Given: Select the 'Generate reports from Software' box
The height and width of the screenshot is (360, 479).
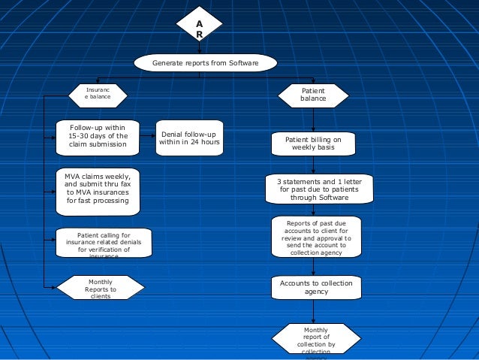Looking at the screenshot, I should (205, 63).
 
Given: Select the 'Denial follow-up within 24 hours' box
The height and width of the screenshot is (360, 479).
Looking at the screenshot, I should (188, 138).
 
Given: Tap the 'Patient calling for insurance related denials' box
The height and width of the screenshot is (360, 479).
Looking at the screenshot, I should (104, 244).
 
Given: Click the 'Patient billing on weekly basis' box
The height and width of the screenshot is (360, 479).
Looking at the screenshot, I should (313, 144).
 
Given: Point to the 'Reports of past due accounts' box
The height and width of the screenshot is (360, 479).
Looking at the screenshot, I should (317, 237).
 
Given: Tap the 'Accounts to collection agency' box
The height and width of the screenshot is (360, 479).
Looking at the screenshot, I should (315, 286).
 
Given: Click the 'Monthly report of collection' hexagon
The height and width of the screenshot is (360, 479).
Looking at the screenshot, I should (315, 340).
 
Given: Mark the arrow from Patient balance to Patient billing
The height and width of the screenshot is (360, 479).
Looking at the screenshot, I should (313, 119).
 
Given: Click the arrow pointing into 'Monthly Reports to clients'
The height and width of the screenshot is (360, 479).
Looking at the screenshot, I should (51, 287).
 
